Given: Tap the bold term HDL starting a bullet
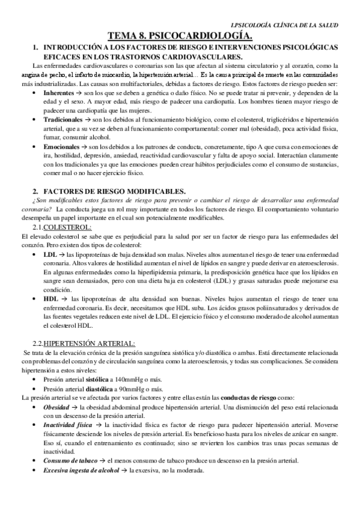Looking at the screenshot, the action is point(51,299).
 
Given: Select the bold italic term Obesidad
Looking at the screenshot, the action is point(58,407).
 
